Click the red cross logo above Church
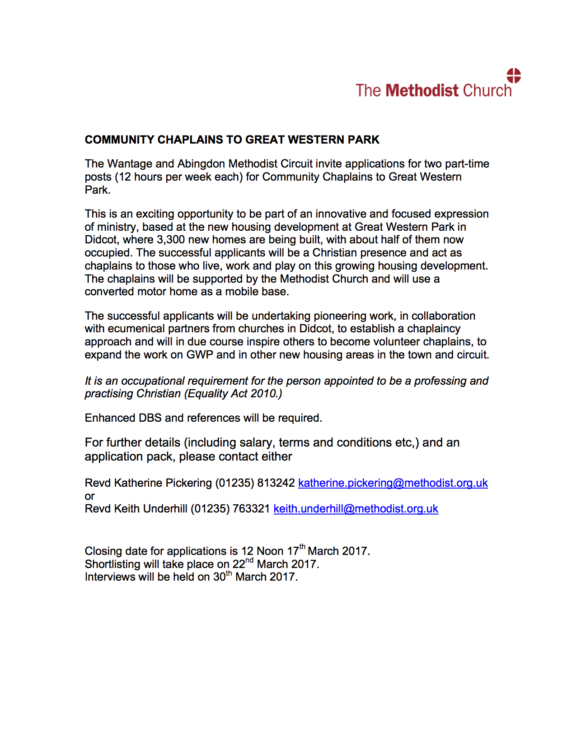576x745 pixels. pyautogui.click(x=514, y=76)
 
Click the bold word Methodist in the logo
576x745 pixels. pyautogui.click(x=422, y=91)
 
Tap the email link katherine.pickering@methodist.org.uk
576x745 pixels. pyautogui.click(x=393, y=483)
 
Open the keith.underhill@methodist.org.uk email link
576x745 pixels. pyautogui.click(x=356, y=509)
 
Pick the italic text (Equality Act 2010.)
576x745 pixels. pyautogui.click(x=233, y=394)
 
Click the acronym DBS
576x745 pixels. pyautogui.click(x=150, y=418)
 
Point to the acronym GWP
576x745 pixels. pyautogui.click(x=200, y=355)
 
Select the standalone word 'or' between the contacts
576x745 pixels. pyautogui.click(x=89, y=496)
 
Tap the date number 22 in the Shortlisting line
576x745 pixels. pyautogui.click(x=239, y=565)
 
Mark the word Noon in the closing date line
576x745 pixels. pyautogui.click(x=270, y=551)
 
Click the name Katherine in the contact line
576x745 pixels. pyautogui.click(x=138, y=483)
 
